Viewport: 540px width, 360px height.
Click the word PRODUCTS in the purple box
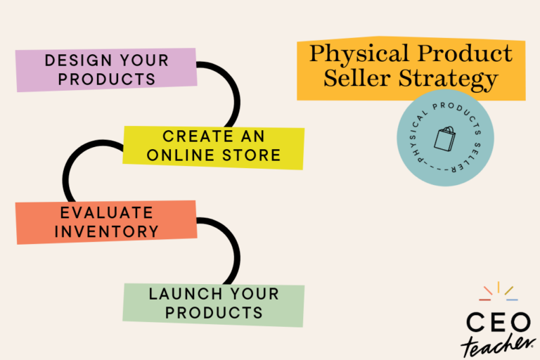pos(107,79)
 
